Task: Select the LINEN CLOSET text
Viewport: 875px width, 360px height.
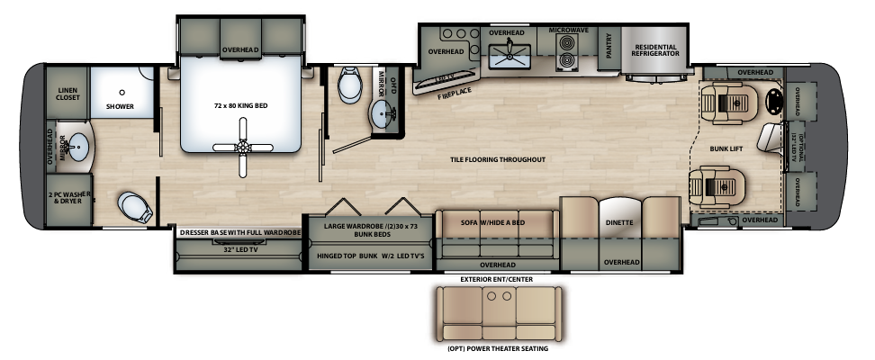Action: coord(68,95)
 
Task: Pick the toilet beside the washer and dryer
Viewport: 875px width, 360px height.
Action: coord(135,207)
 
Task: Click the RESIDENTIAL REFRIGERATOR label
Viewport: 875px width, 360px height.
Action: coord(655,50)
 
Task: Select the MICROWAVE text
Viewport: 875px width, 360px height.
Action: coord(568,31)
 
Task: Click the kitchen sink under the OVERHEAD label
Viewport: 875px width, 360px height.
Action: coord(510,55)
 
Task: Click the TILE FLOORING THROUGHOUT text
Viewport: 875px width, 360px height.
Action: coord(499,159)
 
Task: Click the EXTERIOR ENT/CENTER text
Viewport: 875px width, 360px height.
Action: coord(497,279)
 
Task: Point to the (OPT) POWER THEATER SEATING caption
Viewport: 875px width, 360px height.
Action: coord(497,349)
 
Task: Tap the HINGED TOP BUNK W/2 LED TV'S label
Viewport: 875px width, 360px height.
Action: coord(369,255)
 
